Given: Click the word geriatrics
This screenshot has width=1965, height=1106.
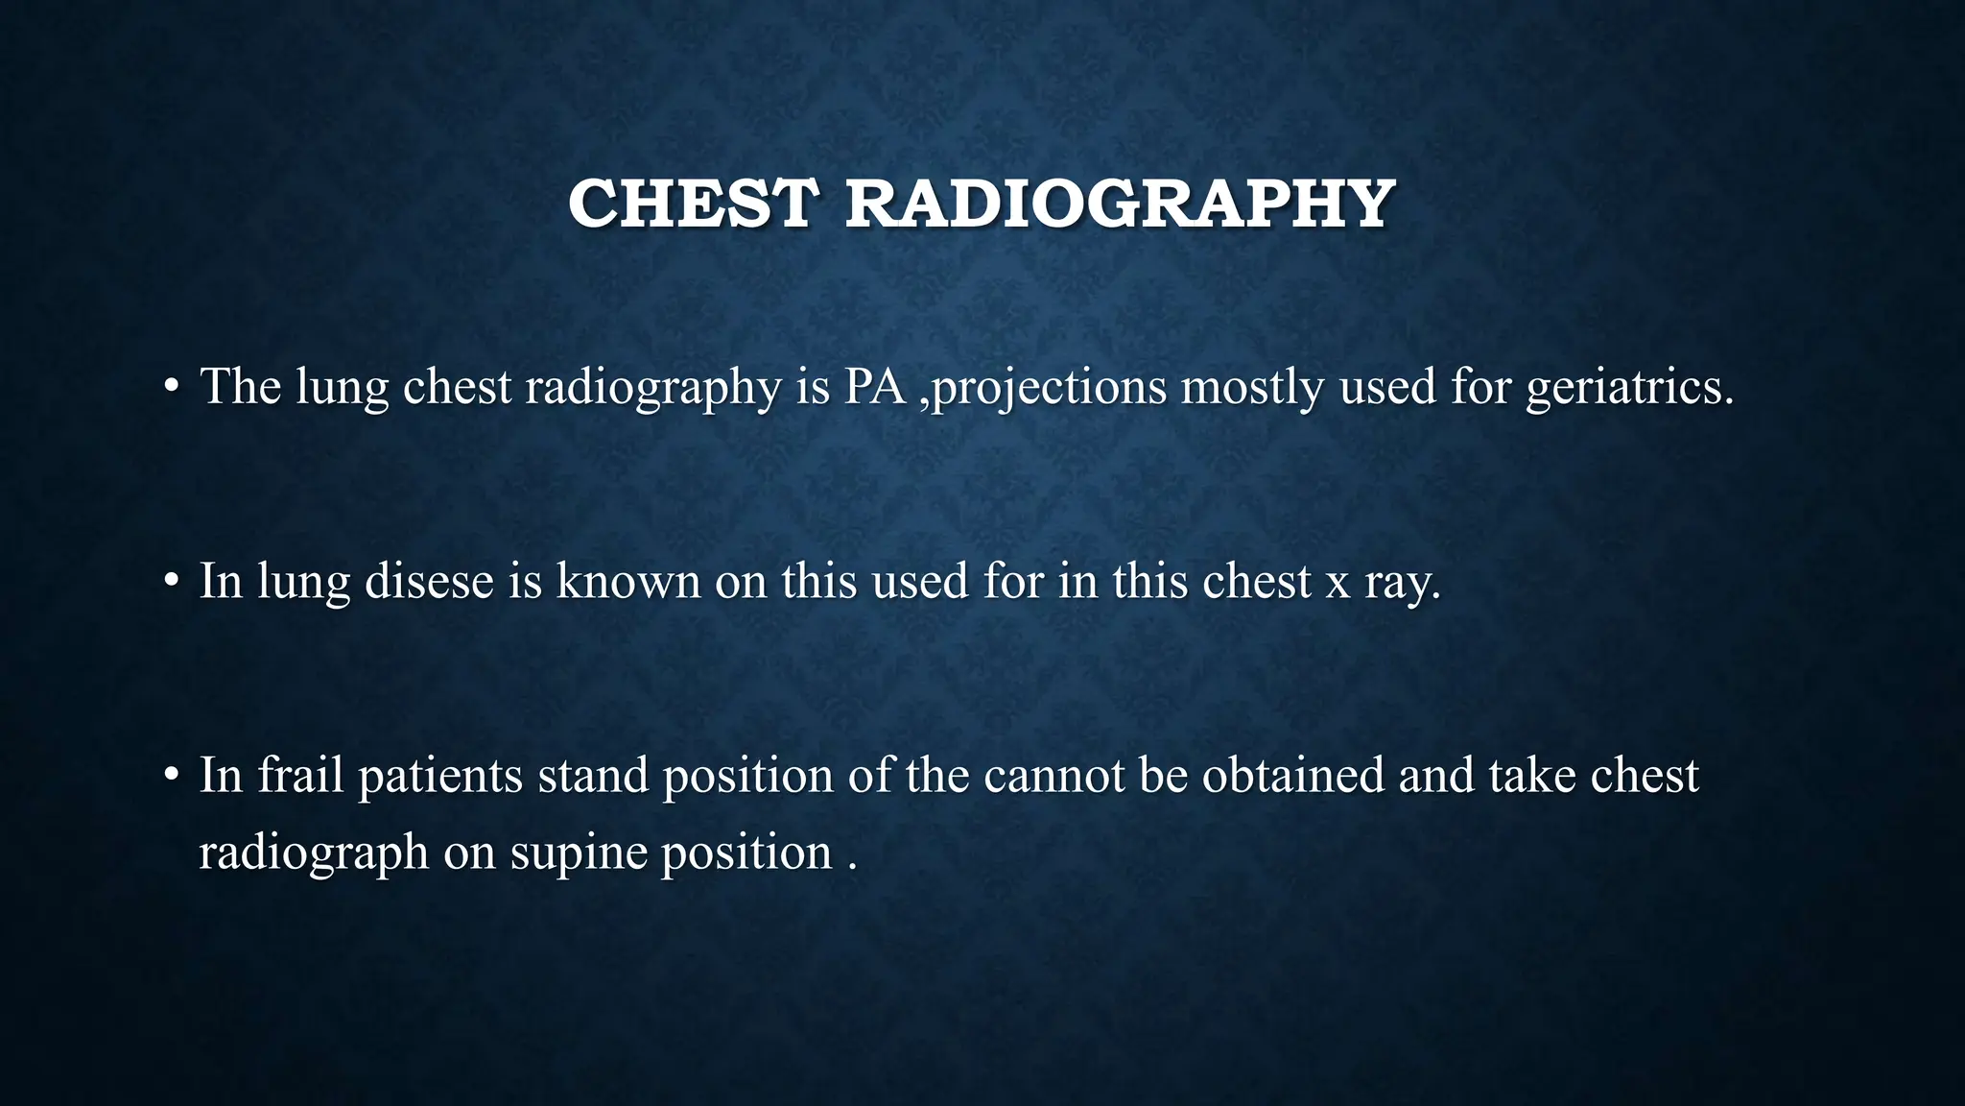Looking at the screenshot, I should (1629, 387).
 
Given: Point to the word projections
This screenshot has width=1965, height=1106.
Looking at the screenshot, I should (1050, 387).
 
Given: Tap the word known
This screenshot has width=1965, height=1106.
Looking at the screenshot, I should (628, 581).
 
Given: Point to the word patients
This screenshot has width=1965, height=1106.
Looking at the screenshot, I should (440, 775).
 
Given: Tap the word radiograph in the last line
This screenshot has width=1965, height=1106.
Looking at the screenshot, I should (313, 853).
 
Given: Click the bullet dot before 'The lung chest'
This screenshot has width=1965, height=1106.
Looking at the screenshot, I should (171, 387).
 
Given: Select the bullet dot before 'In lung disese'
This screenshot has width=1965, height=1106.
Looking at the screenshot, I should (171, 581).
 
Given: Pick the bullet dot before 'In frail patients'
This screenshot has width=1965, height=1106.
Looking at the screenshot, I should (171, 775).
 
